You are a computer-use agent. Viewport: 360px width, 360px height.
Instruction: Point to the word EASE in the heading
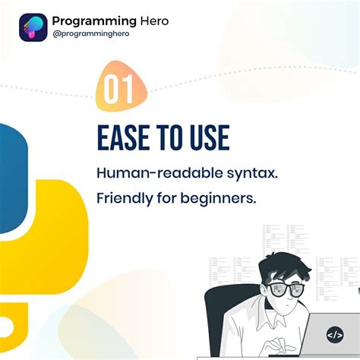click(125, 138)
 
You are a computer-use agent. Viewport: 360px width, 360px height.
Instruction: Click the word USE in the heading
click(206, 138)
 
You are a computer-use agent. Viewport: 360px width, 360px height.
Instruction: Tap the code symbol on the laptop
click(334, 334)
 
